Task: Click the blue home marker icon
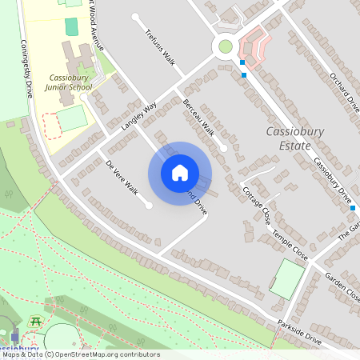(x=180, y=173)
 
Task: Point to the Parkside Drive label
(x=299, y=334)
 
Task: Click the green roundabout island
(x=226, y=46)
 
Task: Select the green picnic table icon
(x=35, y=321)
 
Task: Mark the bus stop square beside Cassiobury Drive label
(x=352, y=208)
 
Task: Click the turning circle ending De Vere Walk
(x=149, y=205)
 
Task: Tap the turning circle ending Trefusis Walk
(x=135, y=17)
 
